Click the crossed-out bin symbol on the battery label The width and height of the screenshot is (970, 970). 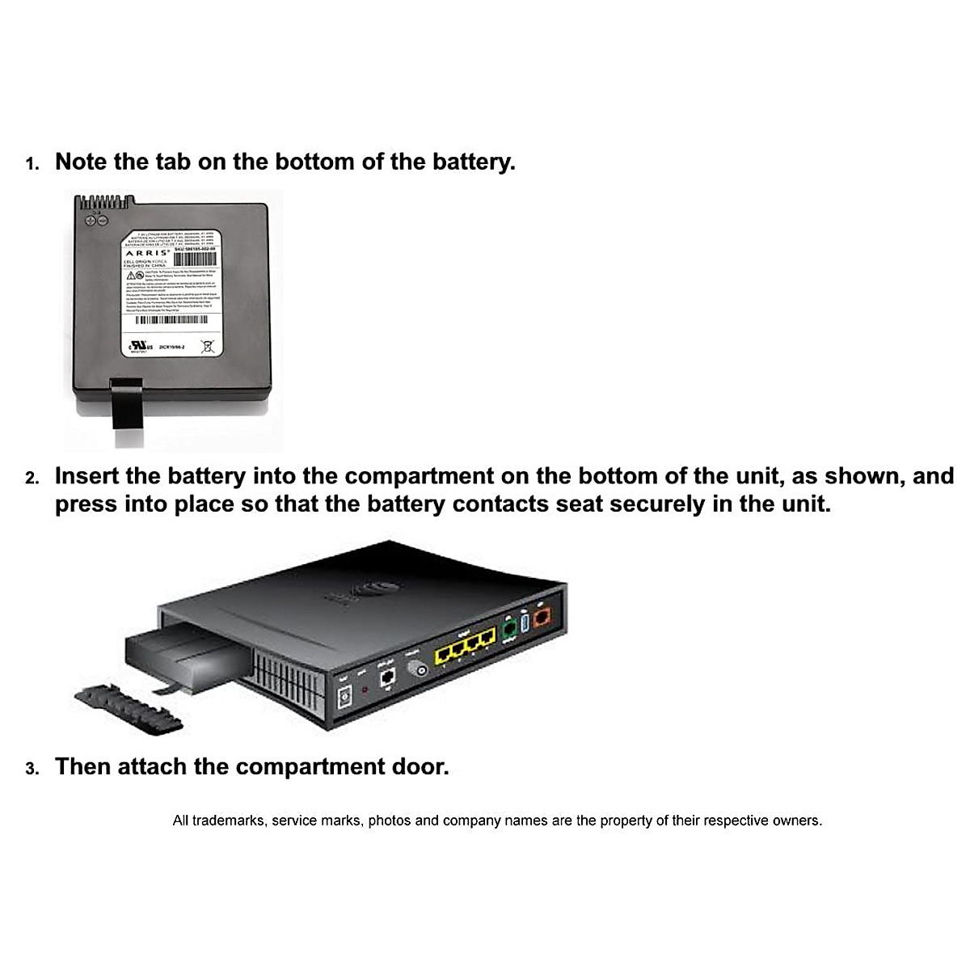207,347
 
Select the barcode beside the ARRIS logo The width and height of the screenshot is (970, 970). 195,259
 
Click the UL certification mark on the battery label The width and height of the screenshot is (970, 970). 134,348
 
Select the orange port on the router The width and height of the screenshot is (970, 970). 543,619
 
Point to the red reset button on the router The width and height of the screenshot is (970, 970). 365,690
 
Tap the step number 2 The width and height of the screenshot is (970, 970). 32,479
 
